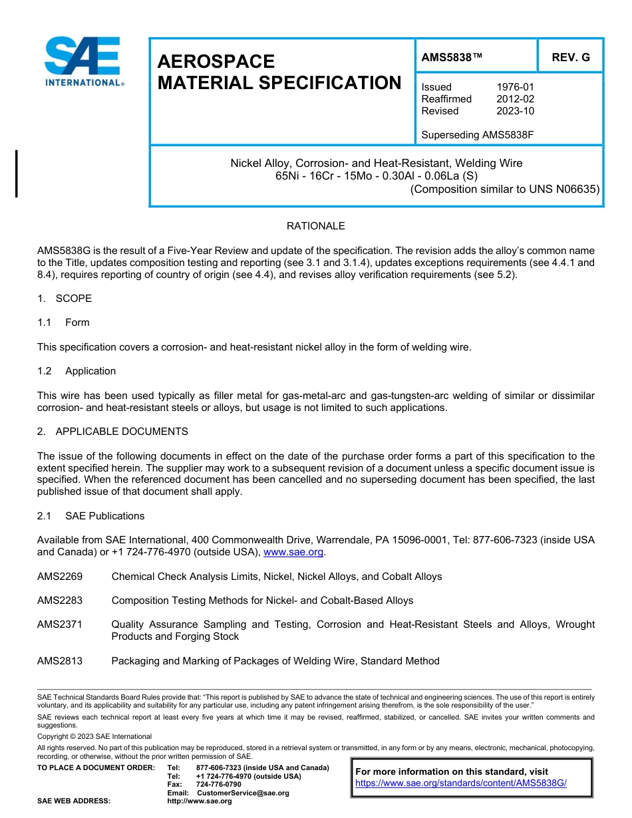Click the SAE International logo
(x=83, y=62)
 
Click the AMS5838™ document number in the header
(x=452, y=57)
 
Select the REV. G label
(x=570, y=57)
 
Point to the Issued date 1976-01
(x=515, y=86)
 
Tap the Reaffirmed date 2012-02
(x=515, y=98)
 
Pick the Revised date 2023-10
(x=515, y=110)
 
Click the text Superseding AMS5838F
(x=478, y=134)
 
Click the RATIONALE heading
(x=315, y=226)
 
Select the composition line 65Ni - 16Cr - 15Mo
(x=377, y=176)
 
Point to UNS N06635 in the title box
(x=564, y=189)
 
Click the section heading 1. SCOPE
(x=65, y=299)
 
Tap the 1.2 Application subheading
(x=77, y=371)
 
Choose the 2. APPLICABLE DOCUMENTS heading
(x=112, y=432)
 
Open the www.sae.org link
(x=293, y=552)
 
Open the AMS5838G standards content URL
(x=460, y=783)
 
